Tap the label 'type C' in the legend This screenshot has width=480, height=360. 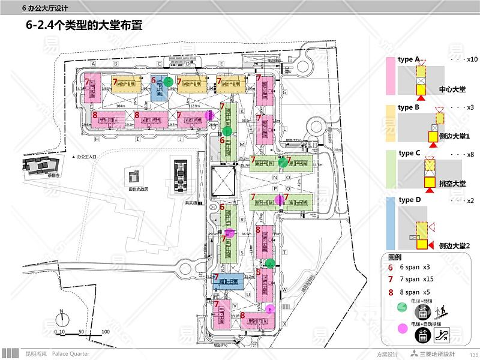click(410, 154)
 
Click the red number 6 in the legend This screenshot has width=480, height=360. click(391, 267)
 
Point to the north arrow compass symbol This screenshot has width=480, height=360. click(61, 316)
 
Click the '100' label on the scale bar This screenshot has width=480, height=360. click(105, 331)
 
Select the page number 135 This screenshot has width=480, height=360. click(473, 354)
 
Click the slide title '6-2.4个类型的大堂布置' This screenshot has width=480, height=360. click(84, 26)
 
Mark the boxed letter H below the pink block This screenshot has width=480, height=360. click(96, 138)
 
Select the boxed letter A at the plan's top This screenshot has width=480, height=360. click(94, 62)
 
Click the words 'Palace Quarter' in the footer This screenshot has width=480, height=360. click(71, 354)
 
